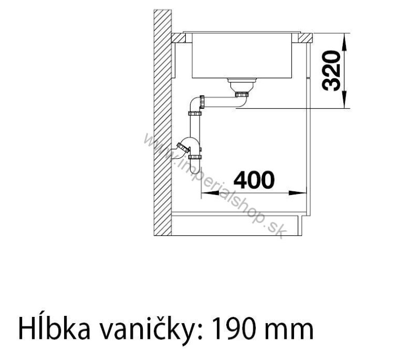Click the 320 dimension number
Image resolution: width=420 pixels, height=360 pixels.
click(331, 71)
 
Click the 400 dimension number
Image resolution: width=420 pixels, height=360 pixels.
click(254, 180)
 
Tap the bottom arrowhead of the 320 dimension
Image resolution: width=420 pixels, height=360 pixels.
click(344, 99)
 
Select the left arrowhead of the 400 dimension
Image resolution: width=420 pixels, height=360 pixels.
click(209, 192)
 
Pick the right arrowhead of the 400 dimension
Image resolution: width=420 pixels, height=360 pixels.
click(297, 192)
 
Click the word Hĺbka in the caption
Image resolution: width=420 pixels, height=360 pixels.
click(54, 327)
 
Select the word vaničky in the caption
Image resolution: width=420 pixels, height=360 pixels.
click(149, 329)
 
